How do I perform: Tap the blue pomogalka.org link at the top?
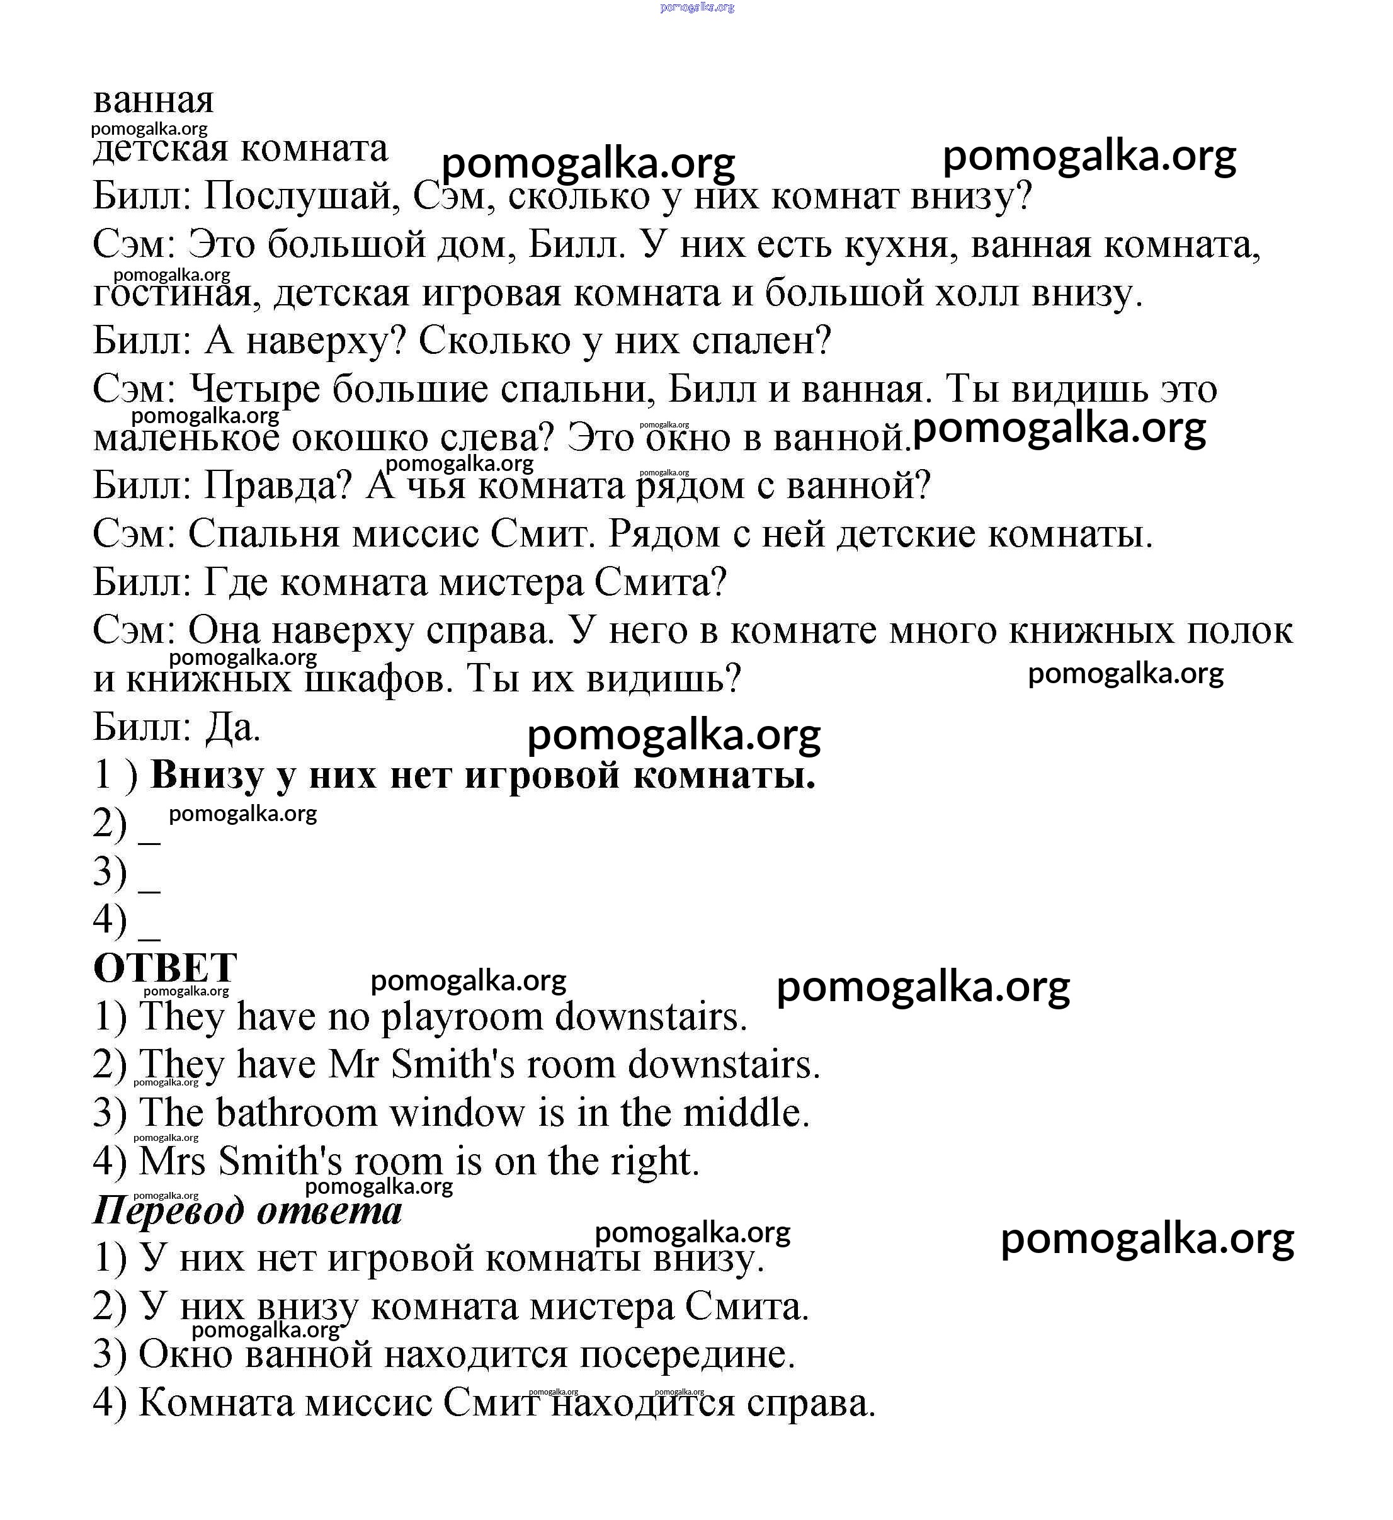tap(696, 8)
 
